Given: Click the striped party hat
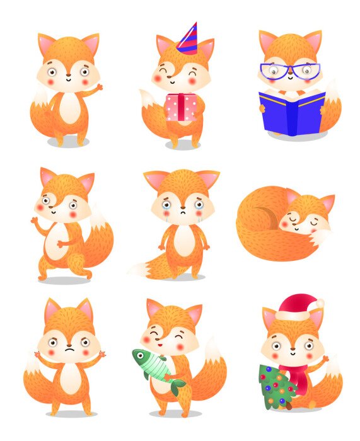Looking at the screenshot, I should pyautogui.click(x=188, y=39).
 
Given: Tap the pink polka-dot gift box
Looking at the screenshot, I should pyautogui.click(x=181, y=107).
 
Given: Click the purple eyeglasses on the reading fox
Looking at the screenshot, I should pyautogui.click(x=290, y=70).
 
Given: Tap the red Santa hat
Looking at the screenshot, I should pyautogui.click(x=297, y=307).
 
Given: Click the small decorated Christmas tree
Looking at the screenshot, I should pyautogui.click(x=276, y=387).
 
